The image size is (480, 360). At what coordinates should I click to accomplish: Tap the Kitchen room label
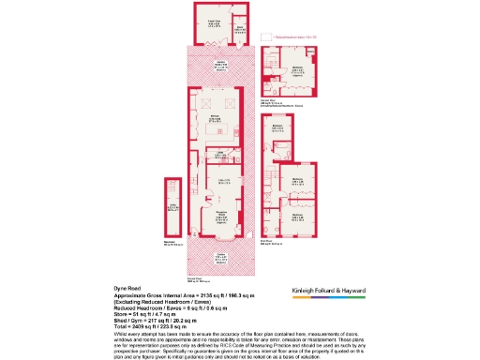pos(214,118)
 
